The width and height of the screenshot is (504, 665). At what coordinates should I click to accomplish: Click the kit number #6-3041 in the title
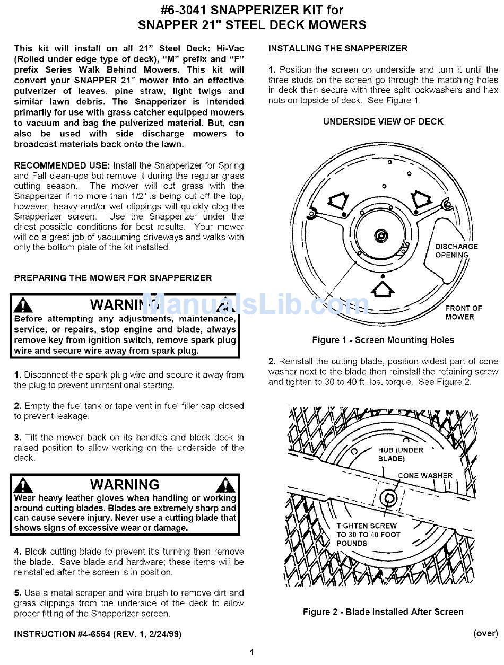coord(186,10)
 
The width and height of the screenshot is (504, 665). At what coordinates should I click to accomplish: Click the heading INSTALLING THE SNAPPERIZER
coord(337,48)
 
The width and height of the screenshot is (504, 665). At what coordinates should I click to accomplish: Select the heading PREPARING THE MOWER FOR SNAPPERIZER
coord(112,278)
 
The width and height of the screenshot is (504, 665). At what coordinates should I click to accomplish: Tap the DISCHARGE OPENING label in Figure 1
coord(456,250)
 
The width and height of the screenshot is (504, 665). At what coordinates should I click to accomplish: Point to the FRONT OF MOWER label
coord(463,312)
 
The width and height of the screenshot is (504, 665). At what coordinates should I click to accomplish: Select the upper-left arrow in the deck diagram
coord(338,200)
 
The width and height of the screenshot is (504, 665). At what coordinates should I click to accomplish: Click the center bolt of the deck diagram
coord(380,234)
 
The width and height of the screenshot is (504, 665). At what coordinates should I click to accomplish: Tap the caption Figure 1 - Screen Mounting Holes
coord(383,340)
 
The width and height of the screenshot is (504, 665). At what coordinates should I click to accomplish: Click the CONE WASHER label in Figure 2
coord(425,476)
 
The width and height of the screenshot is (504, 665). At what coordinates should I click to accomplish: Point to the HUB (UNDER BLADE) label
coord(400,454)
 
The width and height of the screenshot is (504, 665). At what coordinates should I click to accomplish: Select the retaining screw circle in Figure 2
coord(389,498)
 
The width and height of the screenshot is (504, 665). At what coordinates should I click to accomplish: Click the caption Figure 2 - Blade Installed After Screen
coord(383,611)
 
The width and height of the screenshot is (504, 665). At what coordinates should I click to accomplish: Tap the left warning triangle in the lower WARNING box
coord(23,484)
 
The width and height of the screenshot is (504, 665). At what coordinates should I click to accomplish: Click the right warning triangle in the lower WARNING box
coord(227,484)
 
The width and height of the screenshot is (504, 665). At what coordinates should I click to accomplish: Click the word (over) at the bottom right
coord(485,633)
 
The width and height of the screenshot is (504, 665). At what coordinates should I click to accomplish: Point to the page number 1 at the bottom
coord(252,652)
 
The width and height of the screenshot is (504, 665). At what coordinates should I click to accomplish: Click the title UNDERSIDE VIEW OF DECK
coord(383,121)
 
